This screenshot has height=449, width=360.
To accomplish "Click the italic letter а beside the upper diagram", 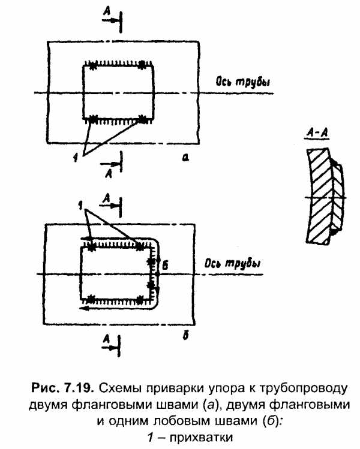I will click(x=186, y=157).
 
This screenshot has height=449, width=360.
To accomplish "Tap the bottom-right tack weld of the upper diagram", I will click(x=142, y=117).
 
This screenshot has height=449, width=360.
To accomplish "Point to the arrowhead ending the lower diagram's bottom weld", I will click(x=85, y=309).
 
